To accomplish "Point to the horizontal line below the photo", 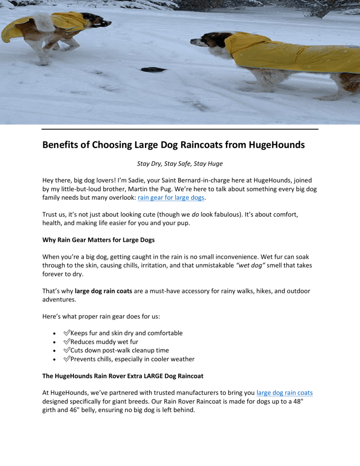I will click(180, 128).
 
